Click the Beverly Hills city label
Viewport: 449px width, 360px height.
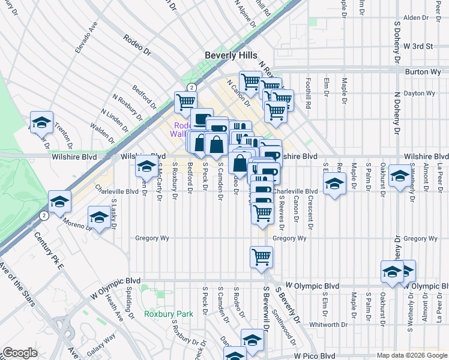tap(231, 54)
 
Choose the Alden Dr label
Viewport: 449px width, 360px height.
tap(415, 18)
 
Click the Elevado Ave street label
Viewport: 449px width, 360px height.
tap(85, 37)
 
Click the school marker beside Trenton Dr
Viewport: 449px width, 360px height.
tap(41, 122)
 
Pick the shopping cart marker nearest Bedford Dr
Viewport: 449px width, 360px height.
tap(185, 102)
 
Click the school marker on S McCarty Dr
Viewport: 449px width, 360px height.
tap(146, 167)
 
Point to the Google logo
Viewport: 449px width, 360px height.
tap(20, 353)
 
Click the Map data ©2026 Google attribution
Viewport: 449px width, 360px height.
tap(412, 355)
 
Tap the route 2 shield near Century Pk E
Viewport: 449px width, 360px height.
tap(43, 215)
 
